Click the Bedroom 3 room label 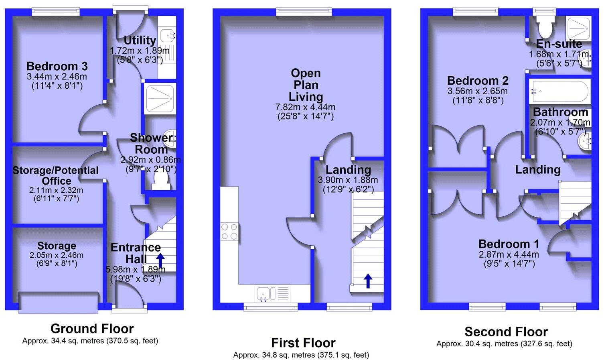click(x=57, y=66)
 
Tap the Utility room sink click(x=168, y=35)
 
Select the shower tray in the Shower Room click(x=160, y=98)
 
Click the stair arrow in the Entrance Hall click(x=160, y=260)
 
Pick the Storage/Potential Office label click(x=55, y=175)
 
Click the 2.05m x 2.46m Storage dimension click(x=57, y=255)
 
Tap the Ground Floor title click(x=92, y=328)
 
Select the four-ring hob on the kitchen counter click(x=229, y=232)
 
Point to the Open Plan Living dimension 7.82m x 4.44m click(x=305, y=107)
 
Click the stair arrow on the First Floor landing click(x=368, y=281)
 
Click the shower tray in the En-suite click(x=578, y=29)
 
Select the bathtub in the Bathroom click(x=560, y=92)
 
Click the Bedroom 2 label click(x=478, y=81)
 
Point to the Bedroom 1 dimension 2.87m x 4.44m click(x=509, y=254)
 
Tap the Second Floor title click(x=506, y=332)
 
